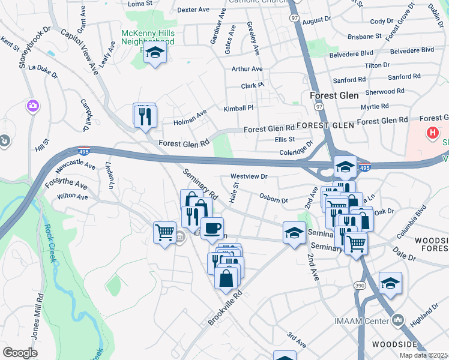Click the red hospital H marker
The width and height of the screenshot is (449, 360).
pyautogui.click(x=432, y=133)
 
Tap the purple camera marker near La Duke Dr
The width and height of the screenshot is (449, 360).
pyautogui.click(x=33, y=106)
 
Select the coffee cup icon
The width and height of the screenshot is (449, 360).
pyautogui.click(x=211, y=229)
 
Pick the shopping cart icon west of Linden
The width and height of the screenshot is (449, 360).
pyautogui.click(x=164, y=232)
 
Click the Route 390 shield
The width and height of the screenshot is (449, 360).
pyautogui.click(x=359, y=284)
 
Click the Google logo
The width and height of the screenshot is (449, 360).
pyautogui.click(x=20, y=352)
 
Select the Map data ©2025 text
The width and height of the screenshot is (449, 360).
pyautogui.click(x=423, y=355)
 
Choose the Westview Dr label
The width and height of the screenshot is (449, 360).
pyautogui.click(x=249, y=177)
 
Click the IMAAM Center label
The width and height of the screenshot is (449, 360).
pyautogui.click(x=362, y=321)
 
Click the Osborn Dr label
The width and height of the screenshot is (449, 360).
pyautogui.click(x=274, y=198)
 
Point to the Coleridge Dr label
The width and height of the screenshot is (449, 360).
pyautogui.click(x=297, y=149)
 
